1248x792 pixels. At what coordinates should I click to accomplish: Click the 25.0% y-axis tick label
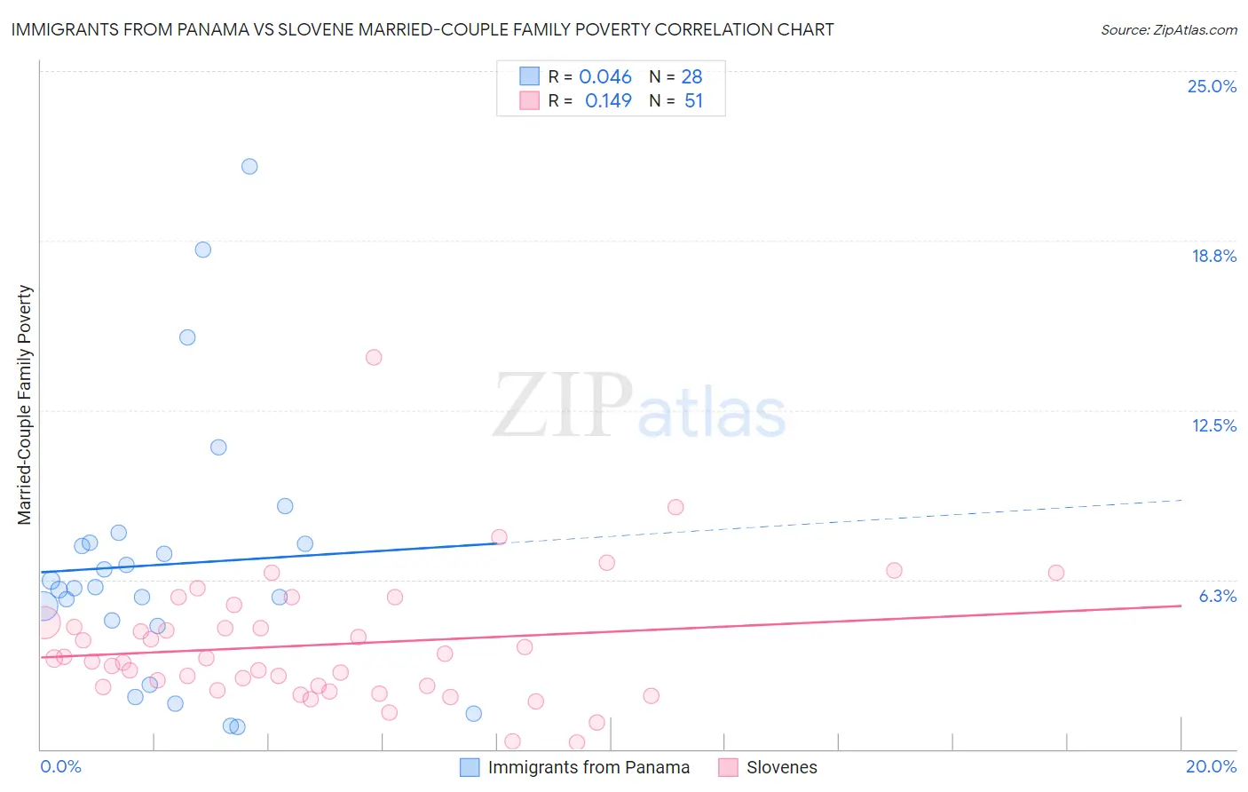(x=1212, y=86)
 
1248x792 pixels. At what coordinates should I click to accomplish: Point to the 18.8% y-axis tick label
(x=1213, y=256)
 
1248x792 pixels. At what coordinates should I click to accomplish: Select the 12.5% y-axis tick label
(x=1213, y=425)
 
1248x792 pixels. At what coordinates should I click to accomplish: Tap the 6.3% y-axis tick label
(x=1217, y=596)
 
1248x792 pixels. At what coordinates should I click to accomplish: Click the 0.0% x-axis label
(x=60, y=766)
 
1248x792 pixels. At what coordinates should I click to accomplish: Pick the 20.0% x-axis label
(x=1211, y=766)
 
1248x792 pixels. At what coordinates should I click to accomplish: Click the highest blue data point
(x=249, y=166)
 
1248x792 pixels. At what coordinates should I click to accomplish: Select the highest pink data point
(x=374, y=357)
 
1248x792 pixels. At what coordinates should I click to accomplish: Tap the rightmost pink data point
(x=1055, y=573)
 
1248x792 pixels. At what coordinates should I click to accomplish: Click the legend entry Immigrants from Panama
(x=588, y=767)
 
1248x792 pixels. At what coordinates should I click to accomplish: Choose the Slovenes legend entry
(x=781, y=767)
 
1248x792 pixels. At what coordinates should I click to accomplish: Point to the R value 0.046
(x=605, y=76)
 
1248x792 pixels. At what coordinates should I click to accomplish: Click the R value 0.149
(x=608, y=100)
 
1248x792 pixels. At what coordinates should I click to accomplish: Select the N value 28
(x=691, y=76)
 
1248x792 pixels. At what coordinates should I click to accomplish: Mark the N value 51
(x=693, y=100)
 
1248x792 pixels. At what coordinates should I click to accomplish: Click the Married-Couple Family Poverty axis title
(x=25, y=404)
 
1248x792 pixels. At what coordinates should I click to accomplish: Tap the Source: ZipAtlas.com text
(x=1168, y=29)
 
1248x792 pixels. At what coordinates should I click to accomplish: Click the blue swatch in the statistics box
(x=529, y=76)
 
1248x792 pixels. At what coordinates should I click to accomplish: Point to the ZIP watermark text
(x=562, y=405)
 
